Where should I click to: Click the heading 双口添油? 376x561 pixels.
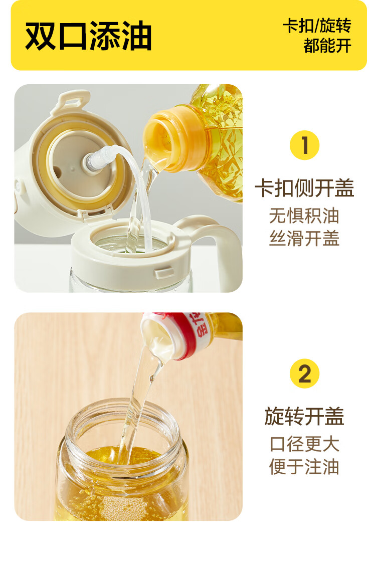[88, 36]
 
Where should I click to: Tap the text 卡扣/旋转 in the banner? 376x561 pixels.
[317, 26]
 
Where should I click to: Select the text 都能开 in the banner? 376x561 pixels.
[327, 46]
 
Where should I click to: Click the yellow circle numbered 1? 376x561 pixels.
[304, 145]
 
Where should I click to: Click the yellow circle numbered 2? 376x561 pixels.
[304, 373]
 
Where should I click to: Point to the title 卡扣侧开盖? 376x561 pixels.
[304, 188]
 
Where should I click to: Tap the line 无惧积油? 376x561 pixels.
[304, 216]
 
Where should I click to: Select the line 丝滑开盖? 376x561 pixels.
[304, 238]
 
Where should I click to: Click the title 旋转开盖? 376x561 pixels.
[304, 417]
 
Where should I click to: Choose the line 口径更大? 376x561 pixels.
[304, 444]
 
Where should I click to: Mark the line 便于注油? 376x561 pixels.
[304, 467]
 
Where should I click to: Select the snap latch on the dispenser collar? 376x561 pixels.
[165, 273]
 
